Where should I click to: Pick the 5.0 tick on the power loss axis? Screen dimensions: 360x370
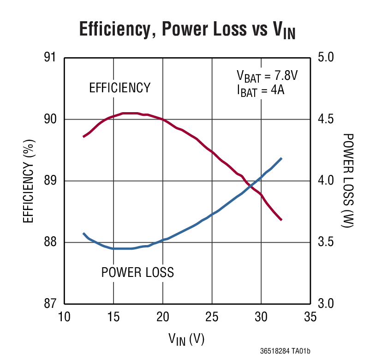[328, 58]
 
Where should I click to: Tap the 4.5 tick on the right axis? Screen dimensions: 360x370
[328, 119]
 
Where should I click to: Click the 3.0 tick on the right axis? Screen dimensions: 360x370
[328, 303]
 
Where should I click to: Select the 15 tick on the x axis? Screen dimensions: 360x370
[113, 317]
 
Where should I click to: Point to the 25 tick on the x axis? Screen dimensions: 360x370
[212, 317]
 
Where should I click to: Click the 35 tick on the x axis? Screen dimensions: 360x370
[310, 317]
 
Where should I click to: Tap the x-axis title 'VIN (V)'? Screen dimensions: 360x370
[186, 339]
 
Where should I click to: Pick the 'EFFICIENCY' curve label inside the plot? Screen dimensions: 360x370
[120, 88]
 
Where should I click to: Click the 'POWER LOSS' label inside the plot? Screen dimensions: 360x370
[137, 272]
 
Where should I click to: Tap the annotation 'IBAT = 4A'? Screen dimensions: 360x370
[260, 90]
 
